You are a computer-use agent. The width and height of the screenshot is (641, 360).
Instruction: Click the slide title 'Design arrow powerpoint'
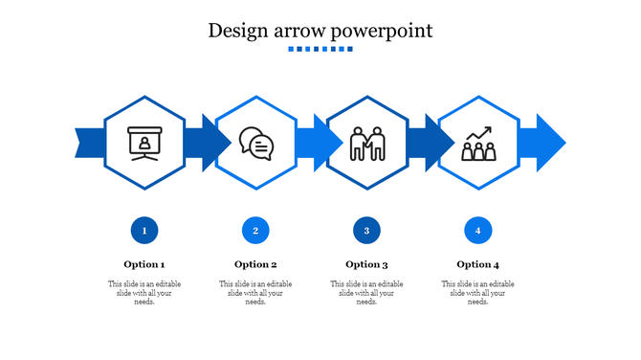tap(320, 31)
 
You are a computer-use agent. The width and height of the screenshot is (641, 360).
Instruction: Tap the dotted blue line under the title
tap(320, 49)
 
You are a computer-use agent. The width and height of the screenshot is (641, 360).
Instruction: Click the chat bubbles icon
tap(255, 144)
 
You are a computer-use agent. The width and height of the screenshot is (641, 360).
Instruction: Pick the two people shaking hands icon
tap(366, 144)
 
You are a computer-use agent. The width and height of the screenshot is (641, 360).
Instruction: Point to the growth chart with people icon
tap(477, 144)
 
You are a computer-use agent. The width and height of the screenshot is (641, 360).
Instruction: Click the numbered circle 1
tap(144, 230)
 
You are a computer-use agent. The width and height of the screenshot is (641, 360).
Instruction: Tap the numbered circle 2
tap(255, 230)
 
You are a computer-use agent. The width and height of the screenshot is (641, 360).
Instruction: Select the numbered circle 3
tap(366, 230)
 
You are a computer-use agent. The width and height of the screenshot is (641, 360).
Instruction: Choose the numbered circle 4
tap(477, 230)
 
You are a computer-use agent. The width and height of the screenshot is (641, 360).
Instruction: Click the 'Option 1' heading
tap(144, 264)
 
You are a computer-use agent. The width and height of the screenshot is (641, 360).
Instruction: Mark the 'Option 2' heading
tap(255, 264)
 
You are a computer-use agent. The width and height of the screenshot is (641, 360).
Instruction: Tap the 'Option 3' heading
tap(366, 264)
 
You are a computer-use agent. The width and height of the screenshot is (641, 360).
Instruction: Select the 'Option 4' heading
tap(477, 264)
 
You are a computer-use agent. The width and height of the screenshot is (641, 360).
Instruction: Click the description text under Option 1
tap(144, 293)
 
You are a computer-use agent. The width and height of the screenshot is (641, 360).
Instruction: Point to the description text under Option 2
tap(255, 293)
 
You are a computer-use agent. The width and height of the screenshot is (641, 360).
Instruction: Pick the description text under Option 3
tap(366, 293)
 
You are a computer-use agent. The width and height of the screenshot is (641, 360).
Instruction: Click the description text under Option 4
tap(477, 293)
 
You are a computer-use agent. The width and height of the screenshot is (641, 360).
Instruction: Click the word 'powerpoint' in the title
tap(383, 32)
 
